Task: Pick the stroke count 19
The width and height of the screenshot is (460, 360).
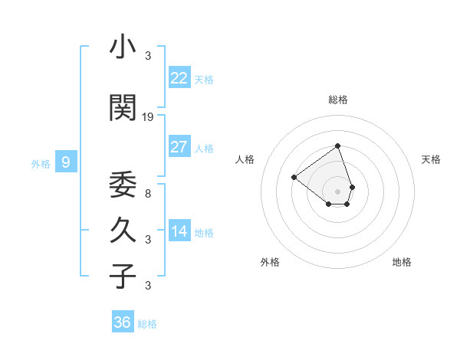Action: coord(149,117)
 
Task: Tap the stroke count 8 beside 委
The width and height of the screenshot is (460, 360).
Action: coord(148,194)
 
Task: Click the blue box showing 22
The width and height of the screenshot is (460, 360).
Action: coord(179,77)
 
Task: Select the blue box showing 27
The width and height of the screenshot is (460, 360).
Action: coord(179,147)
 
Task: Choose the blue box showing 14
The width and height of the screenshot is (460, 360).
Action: coord(179,231)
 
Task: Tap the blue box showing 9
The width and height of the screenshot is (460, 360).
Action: coord(66,162)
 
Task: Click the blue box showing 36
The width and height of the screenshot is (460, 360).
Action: coord(122,322)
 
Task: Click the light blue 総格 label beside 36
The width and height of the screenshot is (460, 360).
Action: coord(148,324)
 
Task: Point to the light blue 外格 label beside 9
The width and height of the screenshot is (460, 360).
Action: coord(41,163)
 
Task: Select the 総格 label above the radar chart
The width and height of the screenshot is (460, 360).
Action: coord(338,100)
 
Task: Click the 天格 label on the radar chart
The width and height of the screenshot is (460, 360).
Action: coord(431,159)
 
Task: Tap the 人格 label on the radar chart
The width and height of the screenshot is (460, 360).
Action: coord(245,159)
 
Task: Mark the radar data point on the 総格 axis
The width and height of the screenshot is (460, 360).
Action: coord(337,146)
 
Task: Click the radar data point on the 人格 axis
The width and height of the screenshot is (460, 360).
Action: coord(294,177)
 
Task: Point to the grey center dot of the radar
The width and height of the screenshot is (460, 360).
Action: coord(337,191)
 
